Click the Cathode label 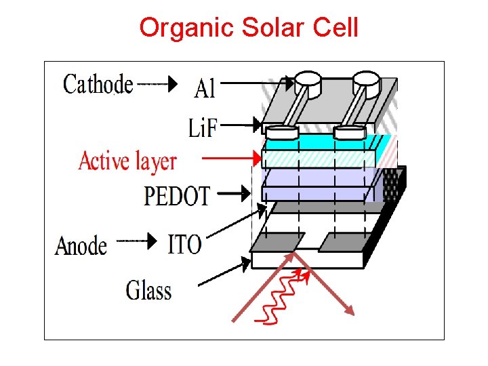pos(98,84)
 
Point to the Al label pos(205,87)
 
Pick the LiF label pos(203,127)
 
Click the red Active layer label pos(127,162)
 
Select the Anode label pos(81,245)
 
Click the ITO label pos(184,244)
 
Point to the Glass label pos(148,291)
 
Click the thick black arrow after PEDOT pos(235,194)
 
